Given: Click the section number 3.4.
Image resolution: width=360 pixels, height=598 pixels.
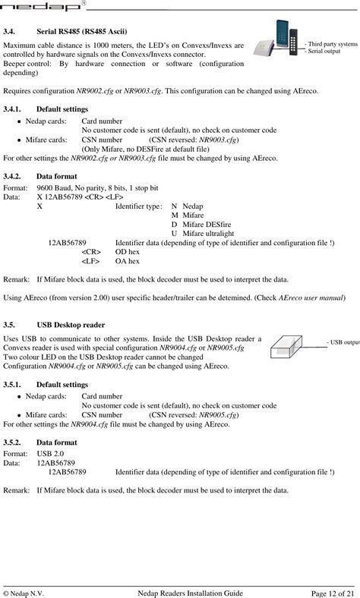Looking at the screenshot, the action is coord(10,32).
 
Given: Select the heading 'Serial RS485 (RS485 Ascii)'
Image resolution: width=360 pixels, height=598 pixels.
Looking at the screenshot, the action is coord(81,32).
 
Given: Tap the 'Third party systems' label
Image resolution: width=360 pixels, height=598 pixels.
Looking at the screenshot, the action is coord(330,44).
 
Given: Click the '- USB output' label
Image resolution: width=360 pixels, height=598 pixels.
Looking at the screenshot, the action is coord(343,342).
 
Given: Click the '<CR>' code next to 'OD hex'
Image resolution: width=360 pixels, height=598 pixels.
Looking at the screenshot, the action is coord(92,251).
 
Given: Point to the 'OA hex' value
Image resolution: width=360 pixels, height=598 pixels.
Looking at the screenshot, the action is coord(128,260).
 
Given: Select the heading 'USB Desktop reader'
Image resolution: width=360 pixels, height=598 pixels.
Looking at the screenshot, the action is coord(71,324).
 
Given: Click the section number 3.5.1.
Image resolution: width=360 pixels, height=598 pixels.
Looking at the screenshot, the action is coord(14,384).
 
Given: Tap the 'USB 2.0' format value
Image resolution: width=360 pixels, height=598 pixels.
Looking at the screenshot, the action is coord(51,453).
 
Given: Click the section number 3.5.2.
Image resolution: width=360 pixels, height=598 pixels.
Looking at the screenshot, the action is coord(14,441).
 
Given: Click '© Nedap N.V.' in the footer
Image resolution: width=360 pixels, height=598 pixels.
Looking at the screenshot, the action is coord(24,592).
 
